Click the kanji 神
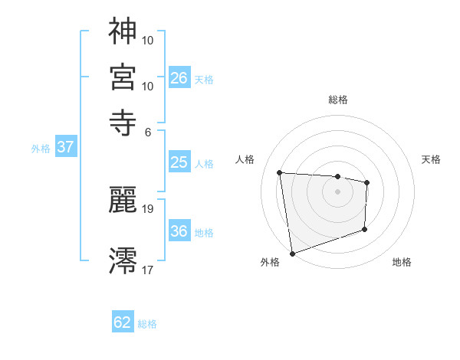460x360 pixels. (123, 31)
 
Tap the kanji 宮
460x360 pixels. (123, 77)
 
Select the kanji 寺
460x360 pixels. (123, 123)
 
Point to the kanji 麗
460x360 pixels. (123, 201)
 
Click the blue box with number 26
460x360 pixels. (179, 77)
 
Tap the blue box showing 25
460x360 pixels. (179, 162)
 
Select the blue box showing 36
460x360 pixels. (179, 231)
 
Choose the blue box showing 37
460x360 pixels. (66, 148)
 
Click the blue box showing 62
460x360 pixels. (123, 322)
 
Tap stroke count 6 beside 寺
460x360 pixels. (149, 131)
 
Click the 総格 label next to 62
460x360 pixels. (148, 324)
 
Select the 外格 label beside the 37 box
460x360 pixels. (41, 149)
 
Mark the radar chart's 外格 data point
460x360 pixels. (291, 253)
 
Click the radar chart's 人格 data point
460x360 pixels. (280, 172)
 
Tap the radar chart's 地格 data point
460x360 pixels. (364, 229)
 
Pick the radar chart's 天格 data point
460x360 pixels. (367, 182)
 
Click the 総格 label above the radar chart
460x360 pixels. (337, 100)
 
